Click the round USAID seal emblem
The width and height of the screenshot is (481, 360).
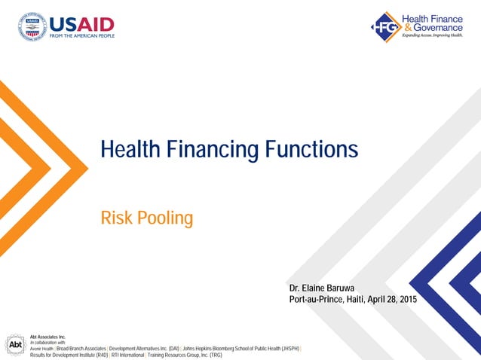(x=32, y=26)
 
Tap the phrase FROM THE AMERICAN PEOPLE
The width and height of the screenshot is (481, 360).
(x=81, y=36)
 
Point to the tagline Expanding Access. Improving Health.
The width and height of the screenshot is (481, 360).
(x=431, y=35)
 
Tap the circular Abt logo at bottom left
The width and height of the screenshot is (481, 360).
(x=16, y=344)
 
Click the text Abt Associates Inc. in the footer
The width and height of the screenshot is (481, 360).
(x=48, y=337)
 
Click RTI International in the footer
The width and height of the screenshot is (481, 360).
(x=126, y=355)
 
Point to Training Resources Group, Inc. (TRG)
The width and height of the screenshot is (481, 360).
(x=185, y=355)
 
